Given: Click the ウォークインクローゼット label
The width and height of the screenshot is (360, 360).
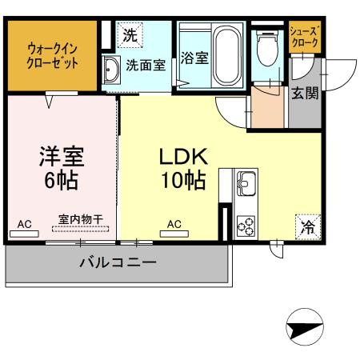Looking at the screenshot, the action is [52, 56].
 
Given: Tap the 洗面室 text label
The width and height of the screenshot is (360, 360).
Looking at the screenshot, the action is [146, 65].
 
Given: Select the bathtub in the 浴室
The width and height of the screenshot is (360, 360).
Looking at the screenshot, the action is [227, 56].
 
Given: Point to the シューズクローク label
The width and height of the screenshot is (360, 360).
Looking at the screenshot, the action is [304, 38].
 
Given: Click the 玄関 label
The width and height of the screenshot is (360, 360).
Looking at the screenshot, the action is [305, 94].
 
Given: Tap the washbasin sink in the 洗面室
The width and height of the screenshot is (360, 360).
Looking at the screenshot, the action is [111, 70].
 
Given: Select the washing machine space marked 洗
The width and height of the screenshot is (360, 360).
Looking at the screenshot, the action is [130, 35].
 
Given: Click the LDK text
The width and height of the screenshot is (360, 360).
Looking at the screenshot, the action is [183, 157].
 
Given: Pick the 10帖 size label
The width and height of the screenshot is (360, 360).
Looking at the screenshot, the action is [183, 181].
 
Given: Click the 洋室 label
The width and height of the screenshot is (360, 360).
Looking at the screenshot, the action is [62, 157].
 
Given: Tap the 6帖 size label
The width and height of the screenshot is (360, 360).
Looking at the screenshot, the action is [61, 181].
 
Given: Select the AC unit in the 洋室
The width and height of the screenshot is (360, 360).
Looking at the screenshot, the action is [24, 234].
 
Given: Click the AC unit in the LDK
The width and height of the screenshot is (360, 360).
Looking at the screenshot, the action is [174, 234].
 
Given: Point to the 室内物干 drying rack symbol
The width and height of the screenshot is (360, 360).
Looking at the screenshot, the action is [80, 229].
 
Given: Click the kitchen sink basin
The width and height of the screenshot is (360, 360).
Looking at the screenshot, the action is [246, 183].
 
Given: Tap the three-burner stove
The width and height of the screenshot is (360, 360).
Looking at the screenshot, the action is [246, 226].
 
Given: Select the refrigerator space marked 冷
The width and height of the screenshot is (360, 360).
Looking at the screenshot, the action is [308, 227].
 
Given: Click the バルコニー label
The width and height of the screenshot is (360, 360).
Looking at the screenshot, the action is [118, 262].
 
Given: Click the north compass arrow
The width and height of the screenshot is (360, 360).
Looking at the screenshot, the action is [305, 327].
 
